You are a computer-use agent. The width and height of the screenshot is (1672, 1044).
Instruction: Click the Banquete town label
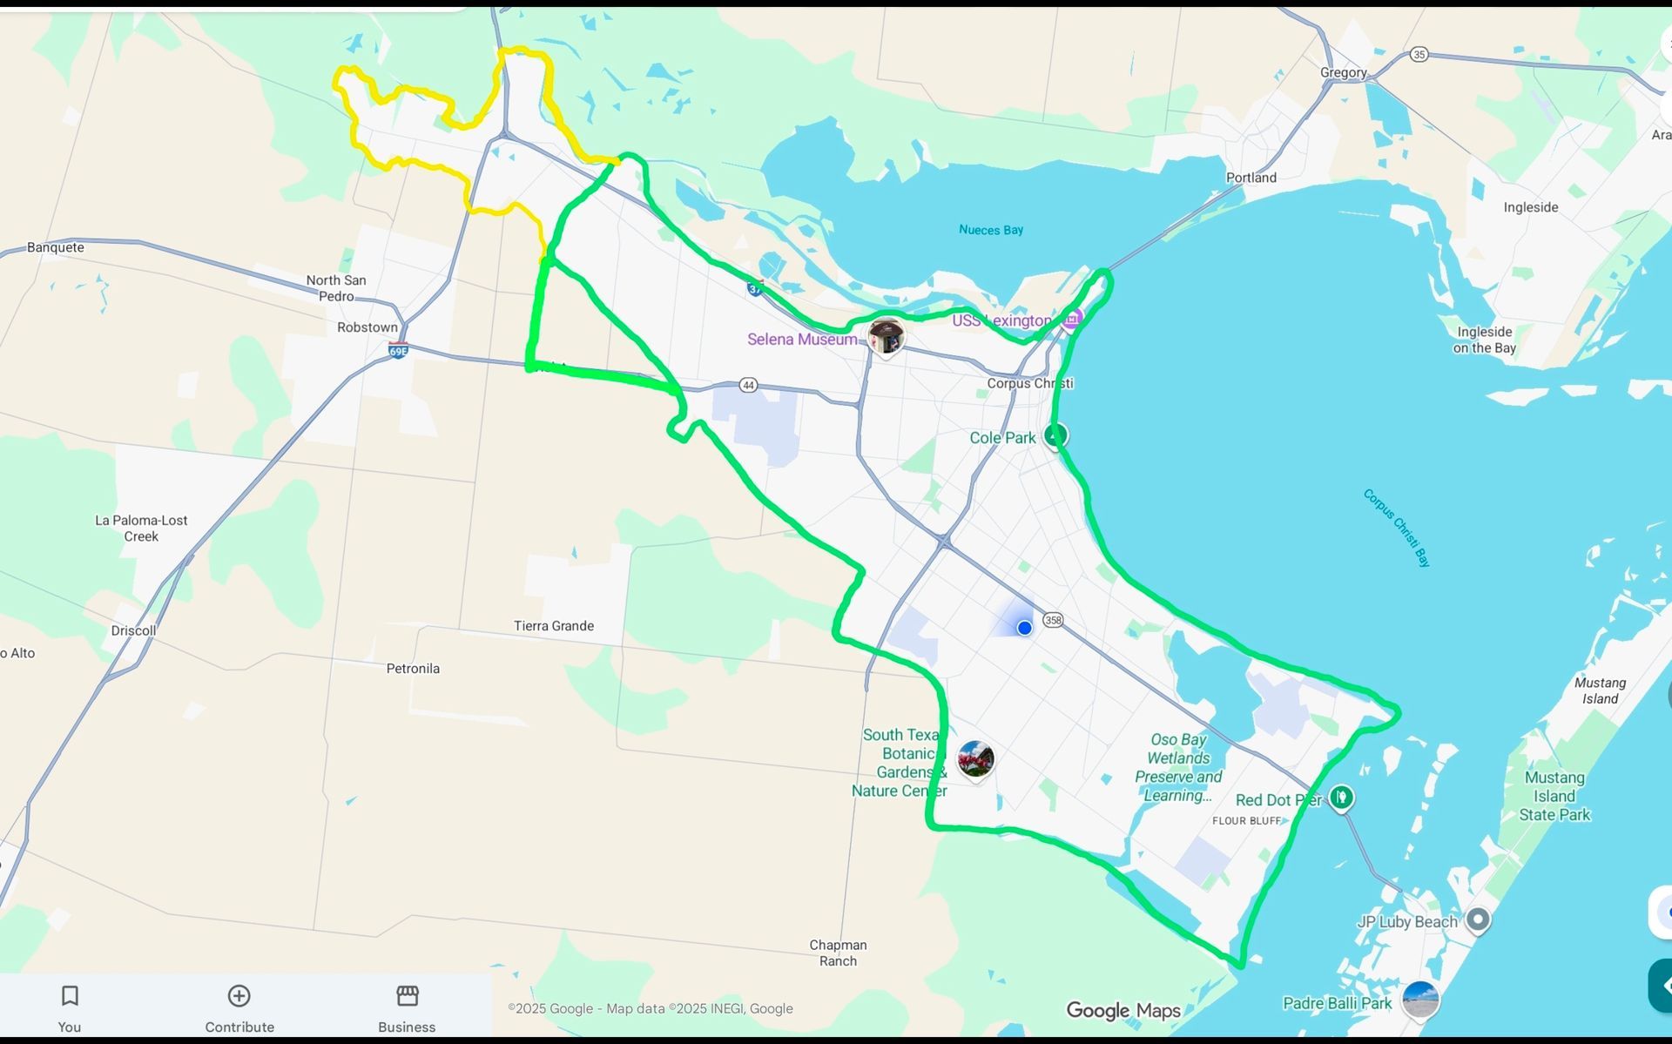coord(56,247)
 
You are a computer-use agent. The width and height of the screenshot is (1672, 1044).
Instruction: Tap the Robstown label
coord(367,327)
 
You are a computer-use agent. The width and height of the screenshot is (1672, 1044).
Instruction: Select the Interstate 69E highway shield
coord(398,351)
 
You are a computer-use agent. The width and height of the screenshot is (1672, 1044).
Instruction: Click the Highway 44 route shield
coord(748,385)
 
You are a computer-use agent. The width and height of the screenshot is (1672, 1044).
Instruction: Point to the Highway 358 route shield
coord(1053,620)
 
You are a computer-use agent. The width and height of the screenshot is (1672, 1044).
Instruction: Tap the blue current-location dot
coord(1025,628)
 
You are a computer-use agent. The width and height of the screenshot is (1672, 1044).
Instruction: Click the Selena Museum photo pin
coord(886,336)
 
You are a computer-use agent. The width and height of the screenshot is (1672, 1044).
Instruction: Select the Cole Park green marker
coord(1056,434)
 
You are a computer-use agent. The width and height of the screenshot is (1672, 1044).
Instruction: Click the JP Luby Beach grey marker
coord(1478,919)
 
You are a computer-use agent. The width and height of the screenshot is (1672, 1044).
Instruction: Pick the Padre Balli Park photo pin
coord(1420,999)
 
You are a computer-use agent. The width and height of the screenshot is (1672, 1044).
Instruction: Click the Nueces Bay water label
coord(991,230)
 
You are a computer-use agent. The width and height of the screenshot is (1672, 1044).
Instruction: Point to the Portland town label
coord(1251,178)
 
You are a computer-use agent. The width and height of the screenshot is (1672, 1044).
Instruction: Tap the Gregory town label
coord(1344,72)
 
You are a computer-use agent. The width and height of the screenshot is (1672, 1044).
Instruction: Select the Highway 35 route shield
coord(1419,54)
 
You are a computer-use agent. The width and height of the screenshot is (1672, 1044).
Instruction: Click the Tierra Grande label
coord(554,626)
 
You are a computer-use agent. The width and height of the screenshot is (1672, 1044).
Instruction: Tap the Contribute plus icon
coord(239,996)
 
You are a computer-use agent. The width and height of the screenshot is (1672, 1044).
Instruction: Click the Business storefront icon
coord(407,995)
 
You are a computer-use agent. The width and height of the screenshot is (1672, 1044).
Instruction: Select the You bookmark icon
coord(70,996)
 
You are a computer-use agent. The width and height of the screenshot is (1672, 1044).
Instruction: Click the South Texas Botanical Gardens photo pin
coord(975,759)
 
